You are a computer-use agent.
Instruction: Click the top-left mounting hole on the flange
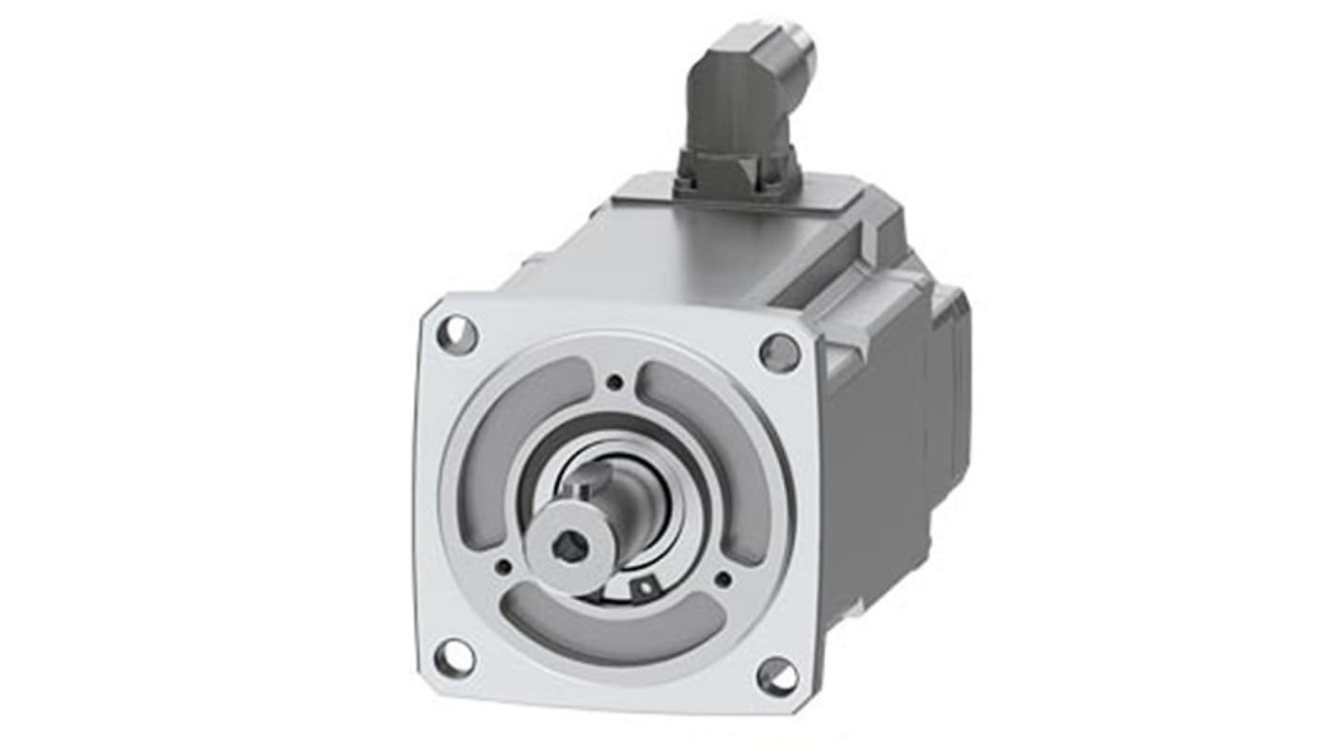click(457, 334)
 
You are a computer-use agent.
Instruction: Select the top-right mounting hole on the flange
click(779, 353)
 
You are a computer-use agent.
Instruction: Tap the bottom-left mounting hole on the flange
click(454, 657)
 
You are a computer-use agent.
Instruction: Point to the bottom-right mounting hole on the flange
click(776, 677)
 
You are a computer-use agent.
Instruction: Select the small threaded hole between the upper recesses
click(615, 381)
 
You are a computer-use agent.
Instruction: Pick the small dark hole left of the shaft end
click(503, 566)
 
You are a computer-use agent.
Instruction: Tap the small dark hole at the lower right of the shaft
click(723, 578)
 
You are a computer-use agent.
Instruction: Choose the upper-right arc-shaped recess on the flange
click(718, 443)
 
